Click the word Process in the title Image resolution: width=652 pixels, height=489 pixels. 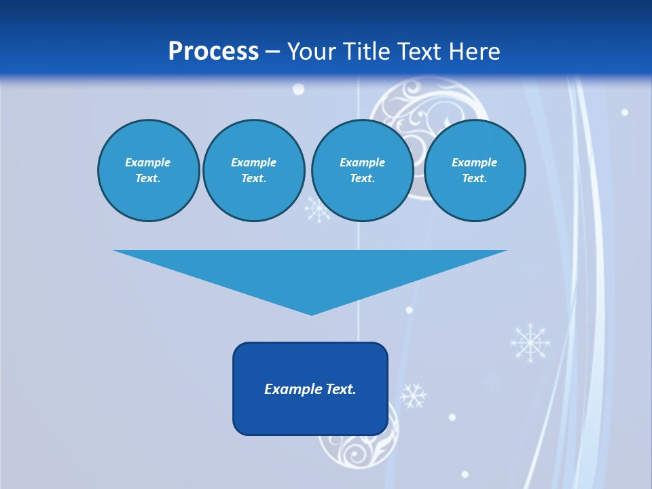click(x=213, y=52)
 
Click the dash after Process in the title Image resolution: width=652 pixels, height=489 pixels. click(x=273, y=52)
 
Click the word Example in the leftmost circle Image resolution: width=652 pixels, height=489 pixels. click(x=147, y=162)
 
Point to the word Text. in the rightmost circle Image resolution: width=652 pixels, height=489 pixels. click(x=474, y=178)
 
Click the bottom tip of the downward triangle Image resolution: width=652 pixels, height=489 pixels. click(x=311, y=313)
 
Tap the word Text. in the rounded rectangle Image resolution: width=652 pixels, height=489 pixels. click(x=340, y=389)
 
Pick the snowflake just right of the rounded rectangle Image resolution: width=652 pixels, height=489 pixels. click(x=412, y=395)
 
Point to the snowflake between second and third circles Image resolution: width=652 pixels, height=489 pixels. click(x=317, y=209)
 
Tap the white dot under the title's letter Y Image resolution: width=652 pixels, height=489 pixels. click(x=297, y=90)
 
